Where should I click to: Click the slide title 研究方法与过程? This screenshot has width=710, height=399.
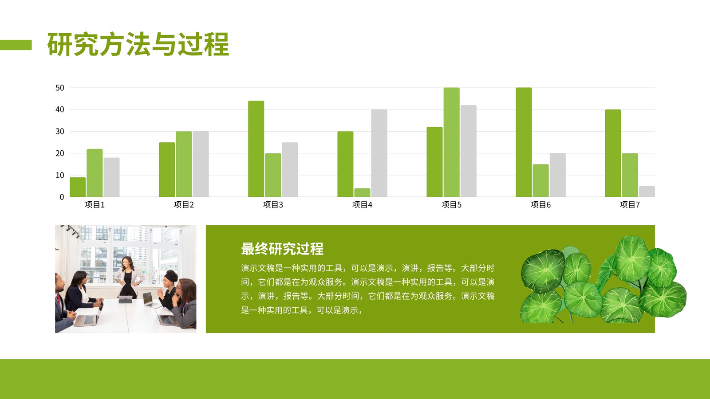click(x=138, y=44)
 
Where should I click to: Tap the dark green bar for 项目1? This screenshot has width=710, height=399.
click(x=78, y=187)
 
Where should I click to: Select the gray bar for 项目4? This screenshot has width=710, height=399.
click(x=379, y=153)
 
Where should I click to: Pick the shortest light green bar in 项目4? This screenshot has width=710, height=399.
click(x=362, y=192)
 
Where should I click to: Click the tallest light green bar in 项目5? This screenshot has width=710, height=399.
click(x=451, y=142)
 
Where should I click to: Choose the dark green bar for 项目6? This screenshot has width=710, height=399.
click(x=524, y=142)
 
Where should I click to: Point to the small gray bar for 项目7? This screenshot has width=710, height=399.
click(x=647, y=192)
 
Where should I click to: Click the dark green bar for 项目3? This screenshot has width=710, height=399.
click(x=256, y=149)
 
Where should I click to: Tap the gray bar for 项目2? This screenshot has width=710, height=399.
click(x=201, y=164)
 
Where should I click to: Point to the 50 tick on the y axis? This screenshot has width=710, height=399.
click(x=59, y=88)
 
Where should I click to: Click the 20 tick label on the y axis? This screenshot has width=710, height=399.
click(x=59, y=153)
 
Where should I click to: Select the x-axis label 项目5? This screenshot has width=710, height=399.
click(x=451, y=204)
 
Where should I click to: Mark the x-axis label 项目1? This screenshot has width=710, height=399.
click(x=95, y=204)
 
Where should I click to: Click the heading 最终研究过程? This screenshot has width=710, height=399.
click(x=282, y=249)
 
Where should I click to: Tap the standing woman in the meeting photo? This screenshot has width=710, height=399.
click(x=129, y=277)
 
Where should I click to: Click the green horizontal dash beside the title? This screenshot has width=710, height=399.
click(x=16, y=45)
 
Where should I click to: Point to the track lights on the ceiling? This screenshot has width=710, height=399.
click(x=71, y=231)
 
